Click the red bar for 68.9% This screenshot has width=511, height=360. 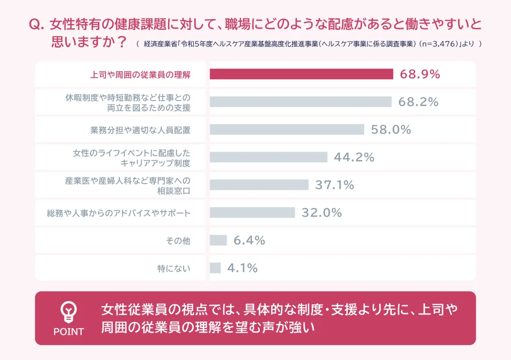click(301, 74)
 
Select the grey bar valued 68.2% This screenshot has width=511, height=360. click(300, 102)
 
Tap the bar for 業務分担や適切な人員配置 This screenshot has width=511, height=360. click(287, 130)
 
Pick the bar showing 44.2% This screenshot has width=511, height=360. click(268, 157)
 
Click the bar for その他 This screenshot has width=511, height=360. click(218, 240)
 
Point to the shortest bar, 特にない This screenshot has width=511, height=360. click(215, 268)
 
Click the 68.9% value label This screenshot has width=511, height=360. click(419, 74)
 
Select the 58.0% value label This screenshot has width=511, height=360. click(391, 130)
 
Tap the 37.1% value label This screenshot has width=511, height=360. click(334, 185)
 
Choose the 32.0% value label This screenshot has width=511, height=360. click(322, 213)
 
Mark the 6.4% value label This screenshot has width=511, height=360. click(249, 240)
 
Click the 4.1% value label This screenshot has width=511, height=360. click(242, 268)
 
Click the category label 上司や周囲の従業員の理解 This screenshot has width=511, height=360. click(141, 75)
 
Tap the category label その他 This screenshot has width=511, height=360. click(178, 241)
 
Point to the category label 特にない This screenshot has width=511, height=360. click(174, 268)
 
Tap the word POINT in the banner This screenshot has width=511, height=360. click(69, 331)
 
